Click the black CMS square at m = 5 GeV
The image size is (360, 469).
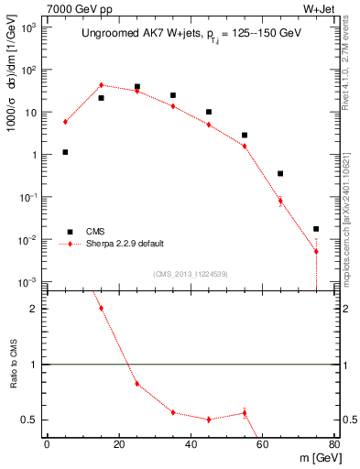[65, 152]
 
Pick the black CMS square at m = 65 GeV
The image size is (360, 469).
[280, 173]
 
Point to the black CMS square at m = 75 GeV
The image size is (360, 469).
[316, 229]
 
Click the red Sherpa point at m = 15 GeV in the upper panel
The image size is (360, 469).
[101, 85]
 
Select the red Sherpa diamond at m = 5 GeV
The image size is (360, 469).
[65, 122]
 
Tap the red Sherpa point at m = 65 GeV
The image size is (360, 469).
[280, 201]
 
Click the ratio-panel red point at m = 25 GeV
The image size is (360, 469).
[136, 383]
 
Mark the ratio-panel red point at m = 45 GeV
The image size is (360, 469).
[209, 420]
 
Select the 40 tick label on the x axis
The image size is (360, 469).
[191, 444]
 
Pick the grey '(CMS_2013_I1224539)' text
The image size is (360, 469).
[191, 274]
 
